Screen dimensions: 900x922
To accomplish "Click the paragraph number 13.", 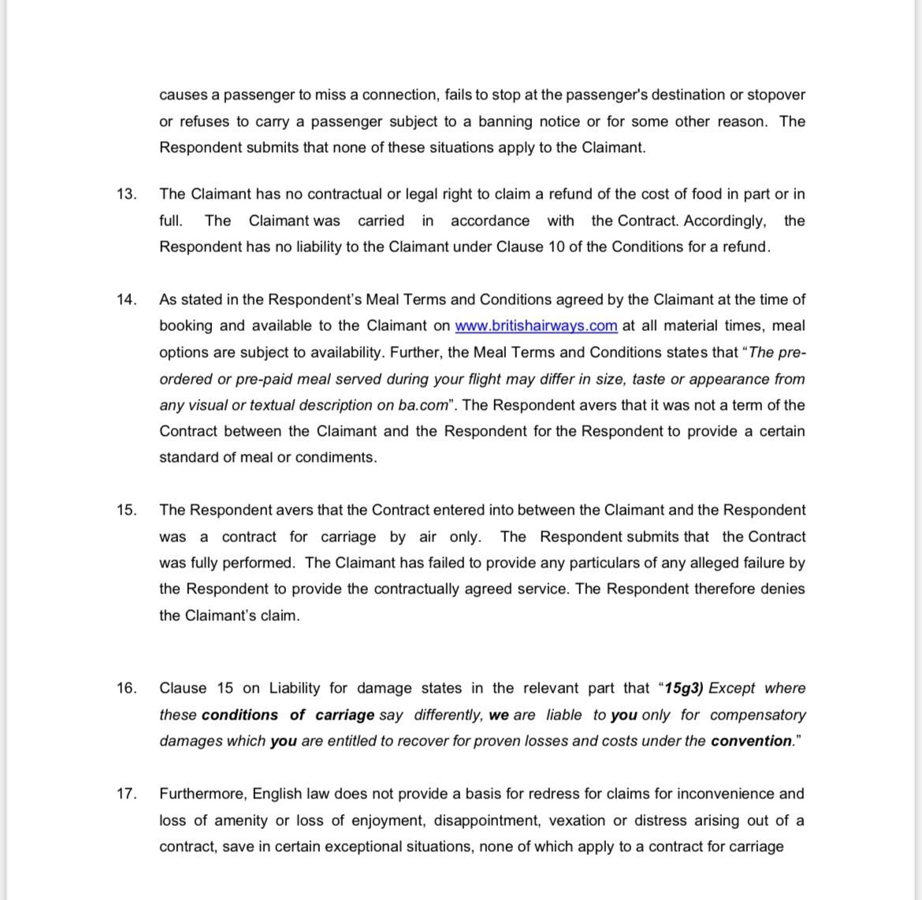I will tap(126, 194).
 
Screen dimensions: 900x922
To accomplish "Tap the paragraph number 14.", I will tap(126, 299).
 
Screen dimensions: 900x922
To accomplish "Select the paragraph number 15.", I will tap(126, 510).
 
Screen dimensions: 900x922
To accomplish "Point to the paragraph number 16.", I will tap(126, 688).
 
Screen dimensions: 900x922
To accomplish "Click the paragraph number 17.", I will tap(126, 794).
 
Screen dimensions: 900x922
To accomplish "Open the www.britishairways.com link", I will tap(536, 326).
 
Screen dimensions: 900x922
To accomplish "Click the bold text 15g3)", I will tap(684, 688).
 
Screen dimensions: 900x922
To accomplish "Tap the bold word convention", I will tap(750, 741).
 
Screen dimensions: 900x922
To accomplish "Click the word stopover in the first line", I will tap(775, 95).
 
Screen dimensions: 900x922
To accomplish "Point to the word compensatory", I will tap(757, 715).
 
